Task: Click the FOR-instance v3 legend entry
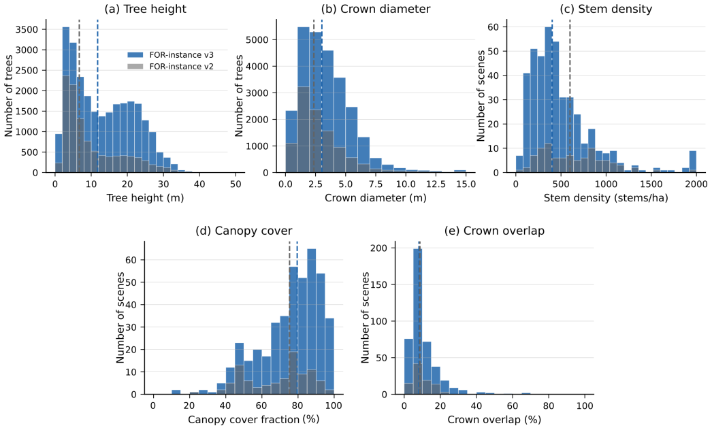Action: coord(170,55)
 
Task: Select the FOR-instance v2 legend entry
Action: coord(170,66)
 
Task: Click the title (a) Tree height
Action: coord(145,9)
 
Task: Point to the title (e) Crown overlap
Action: coord(494,231)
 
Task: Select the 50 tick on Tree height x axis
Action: coord(236,184)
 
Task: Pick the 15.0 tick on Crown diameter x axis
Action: coord(466,184)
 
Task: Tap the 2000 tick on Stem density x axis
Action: coord(696,184)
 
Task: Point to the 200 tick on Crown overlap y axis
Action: coord(378,248)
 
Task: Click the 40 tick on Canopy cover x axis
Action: coord(225,406)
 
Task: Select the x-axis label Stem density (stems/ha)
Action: coord(606,198)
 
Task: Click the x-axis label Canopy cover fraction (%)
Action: coord(253,420)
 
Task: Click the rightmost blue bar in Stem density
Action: coord(692,162)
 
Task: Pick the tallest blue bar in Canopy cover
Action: coord(312,321)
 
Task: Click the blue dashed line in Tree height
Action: coord(97,96)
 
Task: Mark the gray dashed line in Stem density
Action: coord(570,96)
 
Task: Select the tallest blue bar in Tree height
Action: coord(66,100)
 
